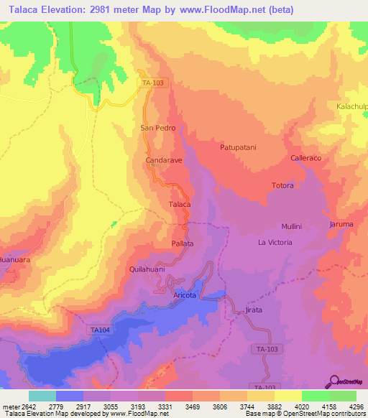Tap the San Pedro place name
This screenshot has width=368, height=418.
click(x=157, y=128)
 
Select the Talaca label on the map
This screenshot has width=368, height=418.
click(x=179, y=205)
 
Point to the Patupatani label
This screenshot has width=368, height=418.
click(x=238, y=147)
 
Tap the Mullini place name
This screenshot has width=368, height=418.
click(x=291, y=226)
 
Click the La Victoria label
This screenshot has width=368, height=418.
click(x=275, y=243)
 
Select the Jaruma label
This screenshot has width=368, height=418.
click(x=341, y=224)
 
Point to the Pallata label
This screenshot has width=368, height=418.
click(x=183, y=244)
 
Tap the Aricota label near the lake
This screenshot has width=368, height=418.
click(x=185, y=295)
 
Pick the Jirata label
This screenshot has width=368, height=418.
click(x=254, y=310)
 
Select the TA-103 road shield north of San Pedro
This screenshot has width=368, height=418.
click(x=152, y=83)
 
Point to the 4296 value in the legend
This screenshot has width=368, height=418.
click(x=356, y=406)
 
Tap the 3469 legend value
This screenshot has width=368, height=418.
click(x=192, y=406)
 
